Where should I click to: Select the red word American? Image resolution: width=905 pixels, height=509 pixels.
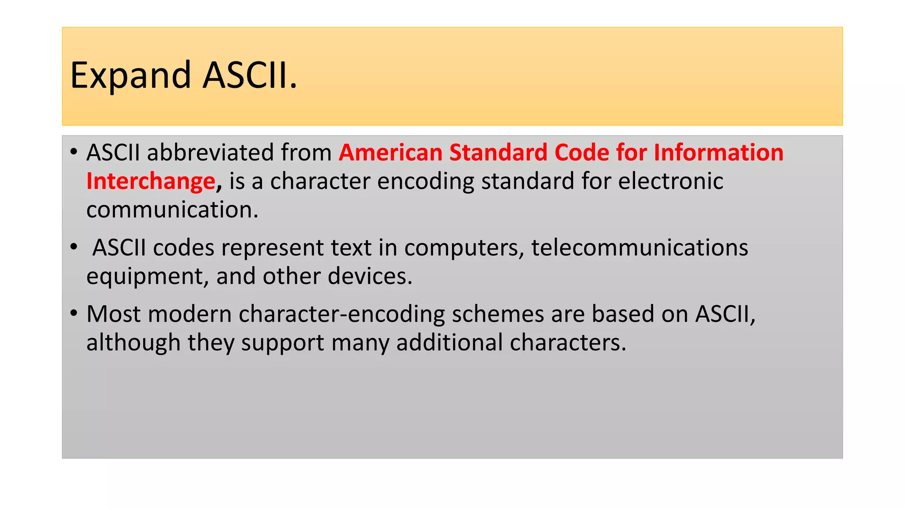click(x=391, y=153)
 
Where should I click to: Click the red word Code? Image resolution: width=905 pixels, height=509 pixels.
click(x=582, y=153)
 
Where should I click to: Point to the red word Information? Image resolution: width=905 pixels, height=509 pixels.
click(x=718, y=153)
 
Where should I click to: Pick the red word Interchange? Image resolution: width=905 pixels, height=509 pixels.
click(x=151, y=182)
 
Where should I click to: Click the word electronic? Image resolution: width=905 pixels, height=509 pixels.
click(x=670, y=182)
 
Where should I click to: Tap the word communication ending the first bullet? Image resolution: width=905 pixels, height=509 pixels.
click(x=172, y=210)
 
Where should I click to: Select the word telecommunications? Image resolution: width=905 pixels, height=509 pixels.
click(x=639, y=248)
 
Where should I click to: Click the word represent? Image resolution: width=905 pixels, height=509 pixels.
click(x=273, y=248)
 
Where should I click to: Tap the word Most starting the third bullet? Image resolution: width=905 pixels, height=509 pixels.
click(x=114, y=314)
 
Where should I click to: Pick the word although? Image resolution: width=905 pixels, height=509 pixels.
click(x=133, y=343)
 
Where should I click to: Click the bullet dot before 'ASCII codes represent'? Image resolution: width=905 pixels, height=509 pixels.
click(x=73, y=247)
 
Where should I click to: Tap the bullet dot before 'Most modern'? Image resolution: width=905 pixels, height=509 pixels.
click(x=73, y=313)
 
